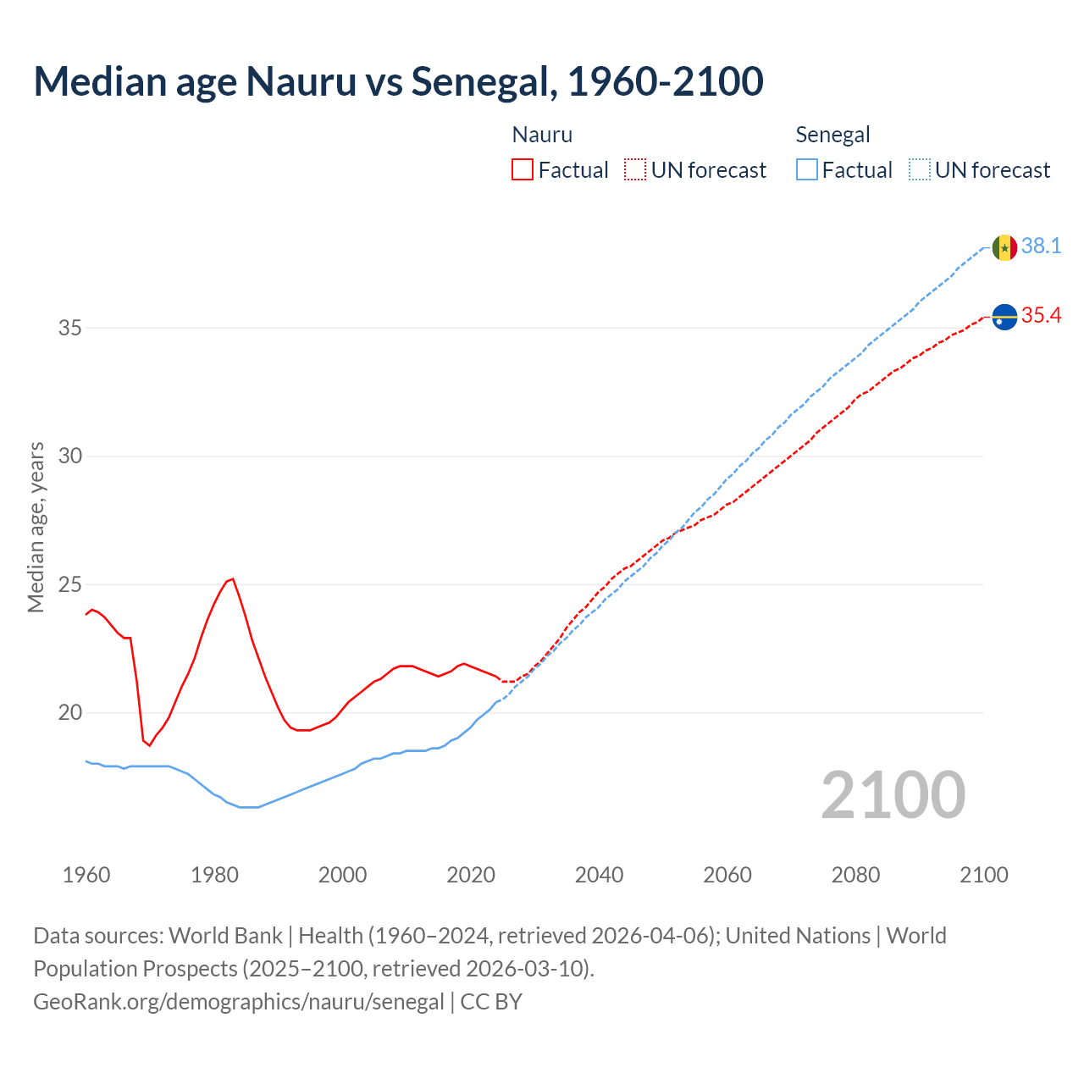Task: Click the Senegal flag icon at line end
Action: point(1004,247)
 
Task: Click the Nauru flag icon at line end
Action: point(1004,317)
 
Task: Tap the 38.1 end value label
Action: point(1041,246)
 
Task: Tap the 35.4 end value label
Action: point(1041,315)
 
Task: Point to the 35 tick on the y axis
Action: point(69,328)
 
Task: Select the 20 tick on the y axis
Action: point(69,712)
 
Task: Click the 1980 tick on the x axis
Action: point(214,875)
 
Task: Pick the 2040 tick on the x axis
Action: point(599,875)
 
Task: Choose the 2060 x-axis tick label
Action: point(727,875)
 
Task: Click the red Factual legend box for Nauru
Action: point(523,170)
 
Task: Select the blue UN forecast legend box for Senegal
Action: point(920,170)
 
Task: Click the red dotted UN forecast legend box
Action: point(635,170)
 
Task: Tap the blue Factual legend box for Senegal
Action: point(807,170)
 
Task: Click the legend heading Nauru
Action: point(542,135)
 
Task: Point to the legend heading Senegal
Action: point(832,135)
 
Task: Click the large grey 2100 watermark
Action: point(893,794)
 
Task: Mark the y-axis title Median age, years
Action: point(36,527)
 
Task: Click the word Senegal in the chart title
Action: point(483,81)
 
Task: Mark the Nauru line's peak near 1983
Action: point(232,578)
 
